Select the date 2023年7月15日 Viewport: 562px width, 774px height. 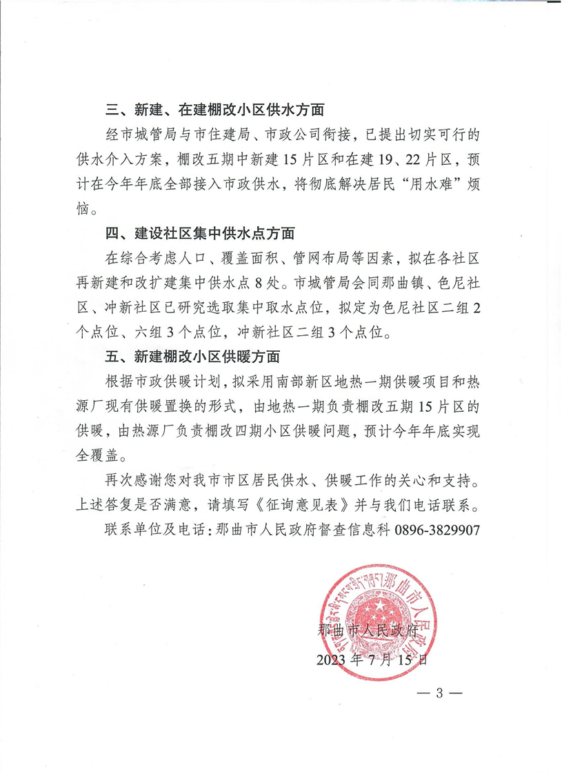tap(372, 659)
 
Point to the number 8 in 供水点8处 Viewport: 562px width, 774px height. tap(271, 283)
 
